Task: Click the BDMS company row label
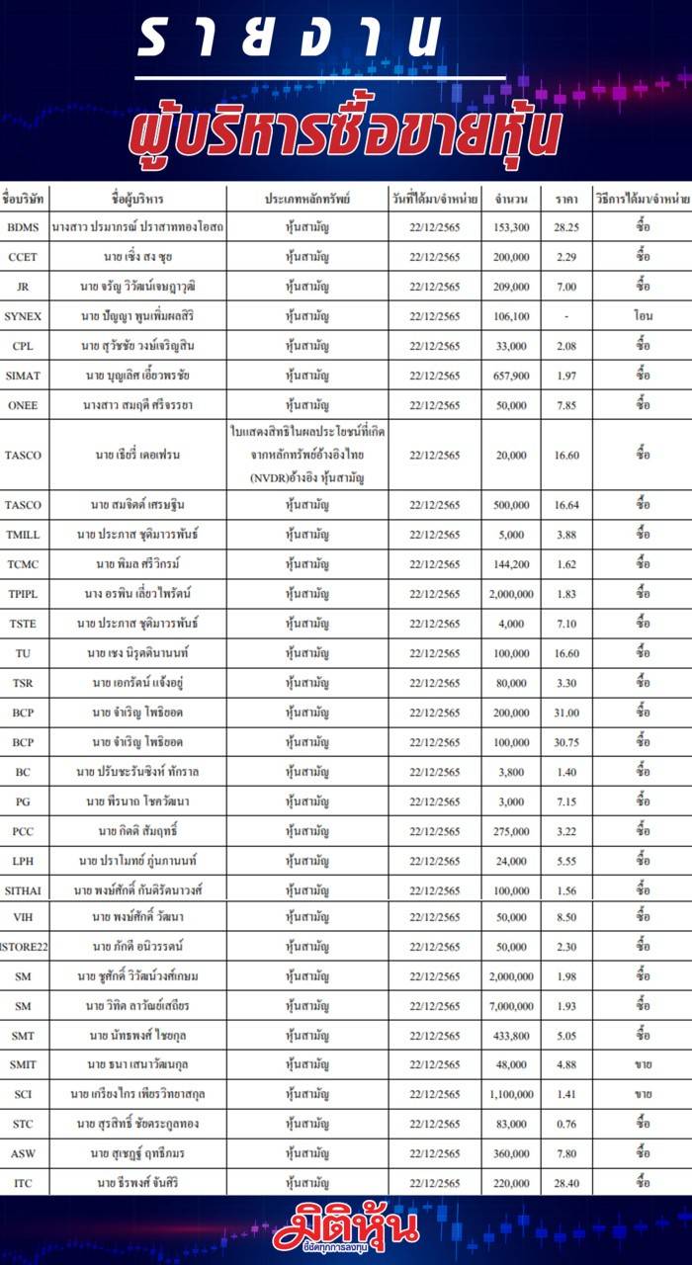pos(23,227)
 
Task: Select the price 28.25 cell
pos(566,227)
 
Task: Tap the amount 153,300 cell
pos(511,227)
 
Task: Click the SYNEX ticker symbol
pos(23,316)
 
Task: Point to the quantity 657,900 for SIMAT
pos(511,376)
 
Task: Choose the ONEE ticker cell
pos(23,405)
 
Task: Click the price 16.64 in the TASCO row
pos(566,505)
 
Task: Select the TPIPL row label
pos(23,594)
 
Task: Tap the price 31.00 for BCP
pos(566,713)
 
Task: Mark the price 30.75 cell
pos(566,742)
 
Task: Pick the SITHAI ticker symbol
pos(23,890)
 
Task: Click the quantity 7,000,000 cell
pos(511,1006)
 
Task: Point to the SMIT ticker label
pos(23,1065)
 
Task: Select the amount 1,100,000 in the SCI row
pos(511,1095)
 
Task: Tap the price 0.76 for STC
pos(566,1124)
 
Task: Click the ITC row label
pos(23,1183)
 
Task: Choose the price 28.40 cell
pos(566,1183)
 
